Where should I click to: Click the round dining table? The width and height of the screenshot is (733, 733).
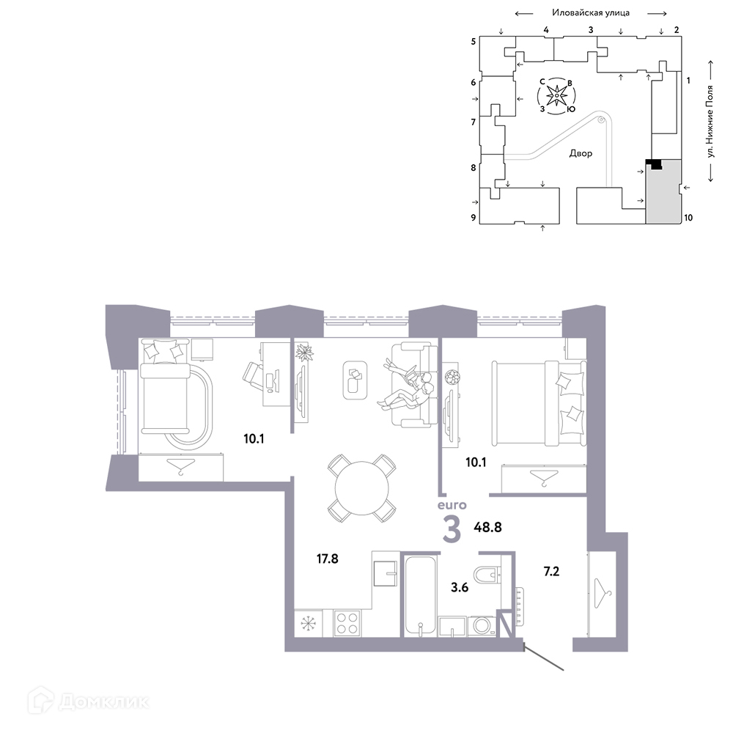[362, 488]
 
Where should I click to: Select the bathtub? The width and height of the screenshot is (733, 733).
[420, 595]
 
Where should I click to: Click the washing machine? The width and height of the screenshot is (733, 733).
[481, 626]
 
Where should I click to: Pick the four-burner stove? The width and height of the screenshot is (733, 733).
[347, 622]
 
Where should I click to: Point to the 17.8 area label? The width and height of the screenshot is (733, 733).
[327, 559]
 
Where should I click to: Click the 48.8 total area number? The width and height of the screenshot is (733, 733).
[487, 527]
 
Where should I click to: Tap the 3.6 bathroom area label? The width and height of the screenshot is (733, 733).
[460, 587]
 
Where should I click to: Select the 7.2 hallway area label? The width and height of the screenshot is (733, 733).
[552, 571]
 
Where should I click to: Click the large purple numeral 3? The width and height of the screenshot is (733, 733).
[452, 530]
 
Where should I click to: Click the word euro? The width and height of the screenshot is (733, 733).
[452, 505]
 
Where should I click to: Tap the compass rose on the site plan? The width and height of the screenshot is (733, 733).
[556, 96]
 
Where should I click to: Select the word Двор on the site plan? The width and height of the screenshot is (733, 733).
[581, 153]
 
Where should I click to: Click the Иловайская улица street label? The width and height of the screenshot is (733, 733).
[590, 12]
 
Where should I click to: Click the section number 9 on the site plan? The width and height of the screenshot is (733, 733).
[473, 218]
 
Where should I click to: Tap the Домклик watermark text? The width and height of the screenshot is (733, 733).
[104, 701]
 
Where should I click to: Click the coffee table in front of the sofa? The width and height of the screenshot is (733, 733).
[355, 380]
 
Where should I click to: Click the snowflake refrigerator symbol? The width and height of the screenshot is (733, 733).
[308, 623]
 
